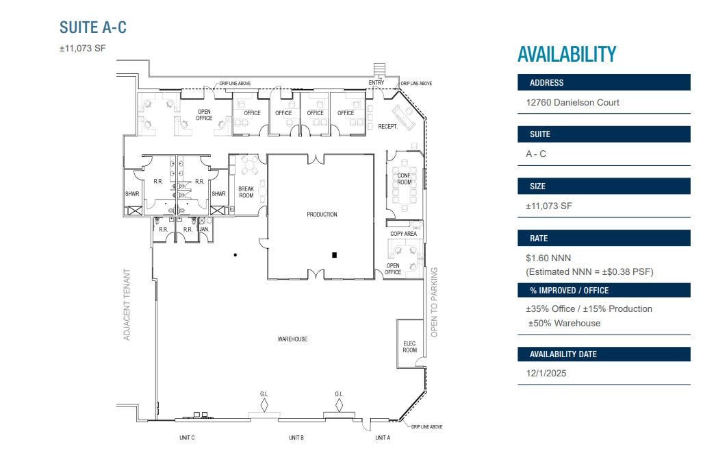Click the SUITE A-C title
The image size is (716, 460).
93,27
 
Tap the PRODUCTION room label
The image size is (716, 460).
322,214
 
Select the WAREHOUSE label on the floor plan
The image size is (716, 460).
292,339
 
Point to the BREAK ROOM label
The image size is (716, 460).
246,192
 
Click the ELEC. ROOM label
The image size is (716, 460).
409,347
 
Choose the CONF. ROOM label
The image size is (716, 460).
404,179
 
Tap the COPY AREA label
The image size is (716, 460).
403,234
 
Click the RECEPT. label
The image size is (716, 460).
387,127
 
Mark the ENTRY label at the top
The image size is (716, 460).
376,83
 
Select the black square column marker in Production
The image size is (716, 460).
334,255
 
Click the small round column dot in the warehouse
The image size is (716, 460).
235,255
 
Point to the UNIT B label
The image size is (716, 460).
296,437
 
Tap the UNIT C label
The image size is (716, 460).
188,437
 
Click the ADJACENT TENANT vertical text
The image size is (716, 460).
127,304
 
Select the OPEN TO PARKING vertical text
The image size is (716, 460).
434,302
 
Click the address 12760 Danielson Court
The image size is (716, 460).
573,102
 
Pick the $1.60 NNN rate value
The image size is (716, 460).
548,258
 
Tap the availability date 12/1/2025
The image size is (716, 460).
546,373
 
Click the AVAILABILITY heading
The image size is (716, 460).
567,54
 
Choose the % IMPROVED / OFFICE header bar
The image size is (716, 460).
604,291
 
